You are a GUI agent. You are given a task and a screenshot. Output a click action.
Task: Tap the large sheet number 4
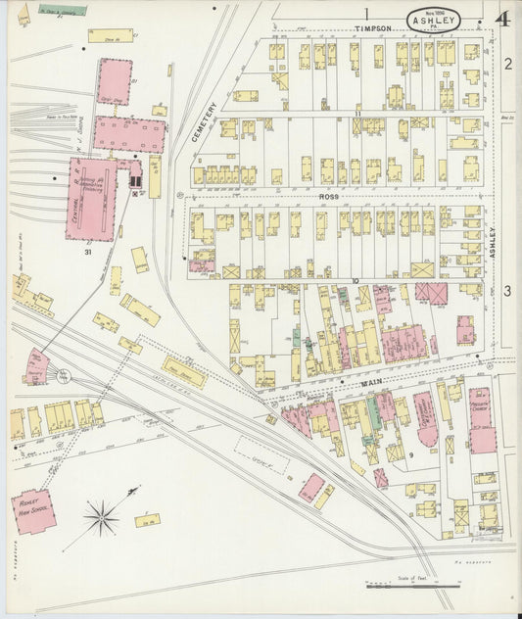point(502,19)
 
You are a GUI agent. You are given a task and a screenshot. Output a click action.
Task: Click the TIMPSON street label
point(373,29)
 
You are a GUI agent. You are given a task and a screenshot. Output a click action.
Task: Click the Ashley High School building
point(31,511)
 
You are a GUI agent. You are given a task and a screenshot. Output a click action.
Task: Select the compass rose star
point(101,513)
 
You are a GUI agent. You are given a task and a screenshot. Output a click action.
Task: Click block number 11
point(357,116)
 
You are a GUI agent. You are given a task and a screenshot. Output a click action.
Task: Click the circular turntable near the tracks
point(64,374)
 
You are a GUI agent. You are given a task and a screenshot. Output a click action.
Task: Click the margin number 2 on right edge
point(508,65)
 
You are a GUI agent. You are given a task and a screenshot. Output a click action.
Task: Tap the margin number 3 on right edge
point(508,291)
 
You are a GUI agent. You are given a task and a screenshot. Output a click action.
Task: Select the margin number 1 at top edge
point(365,13)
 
